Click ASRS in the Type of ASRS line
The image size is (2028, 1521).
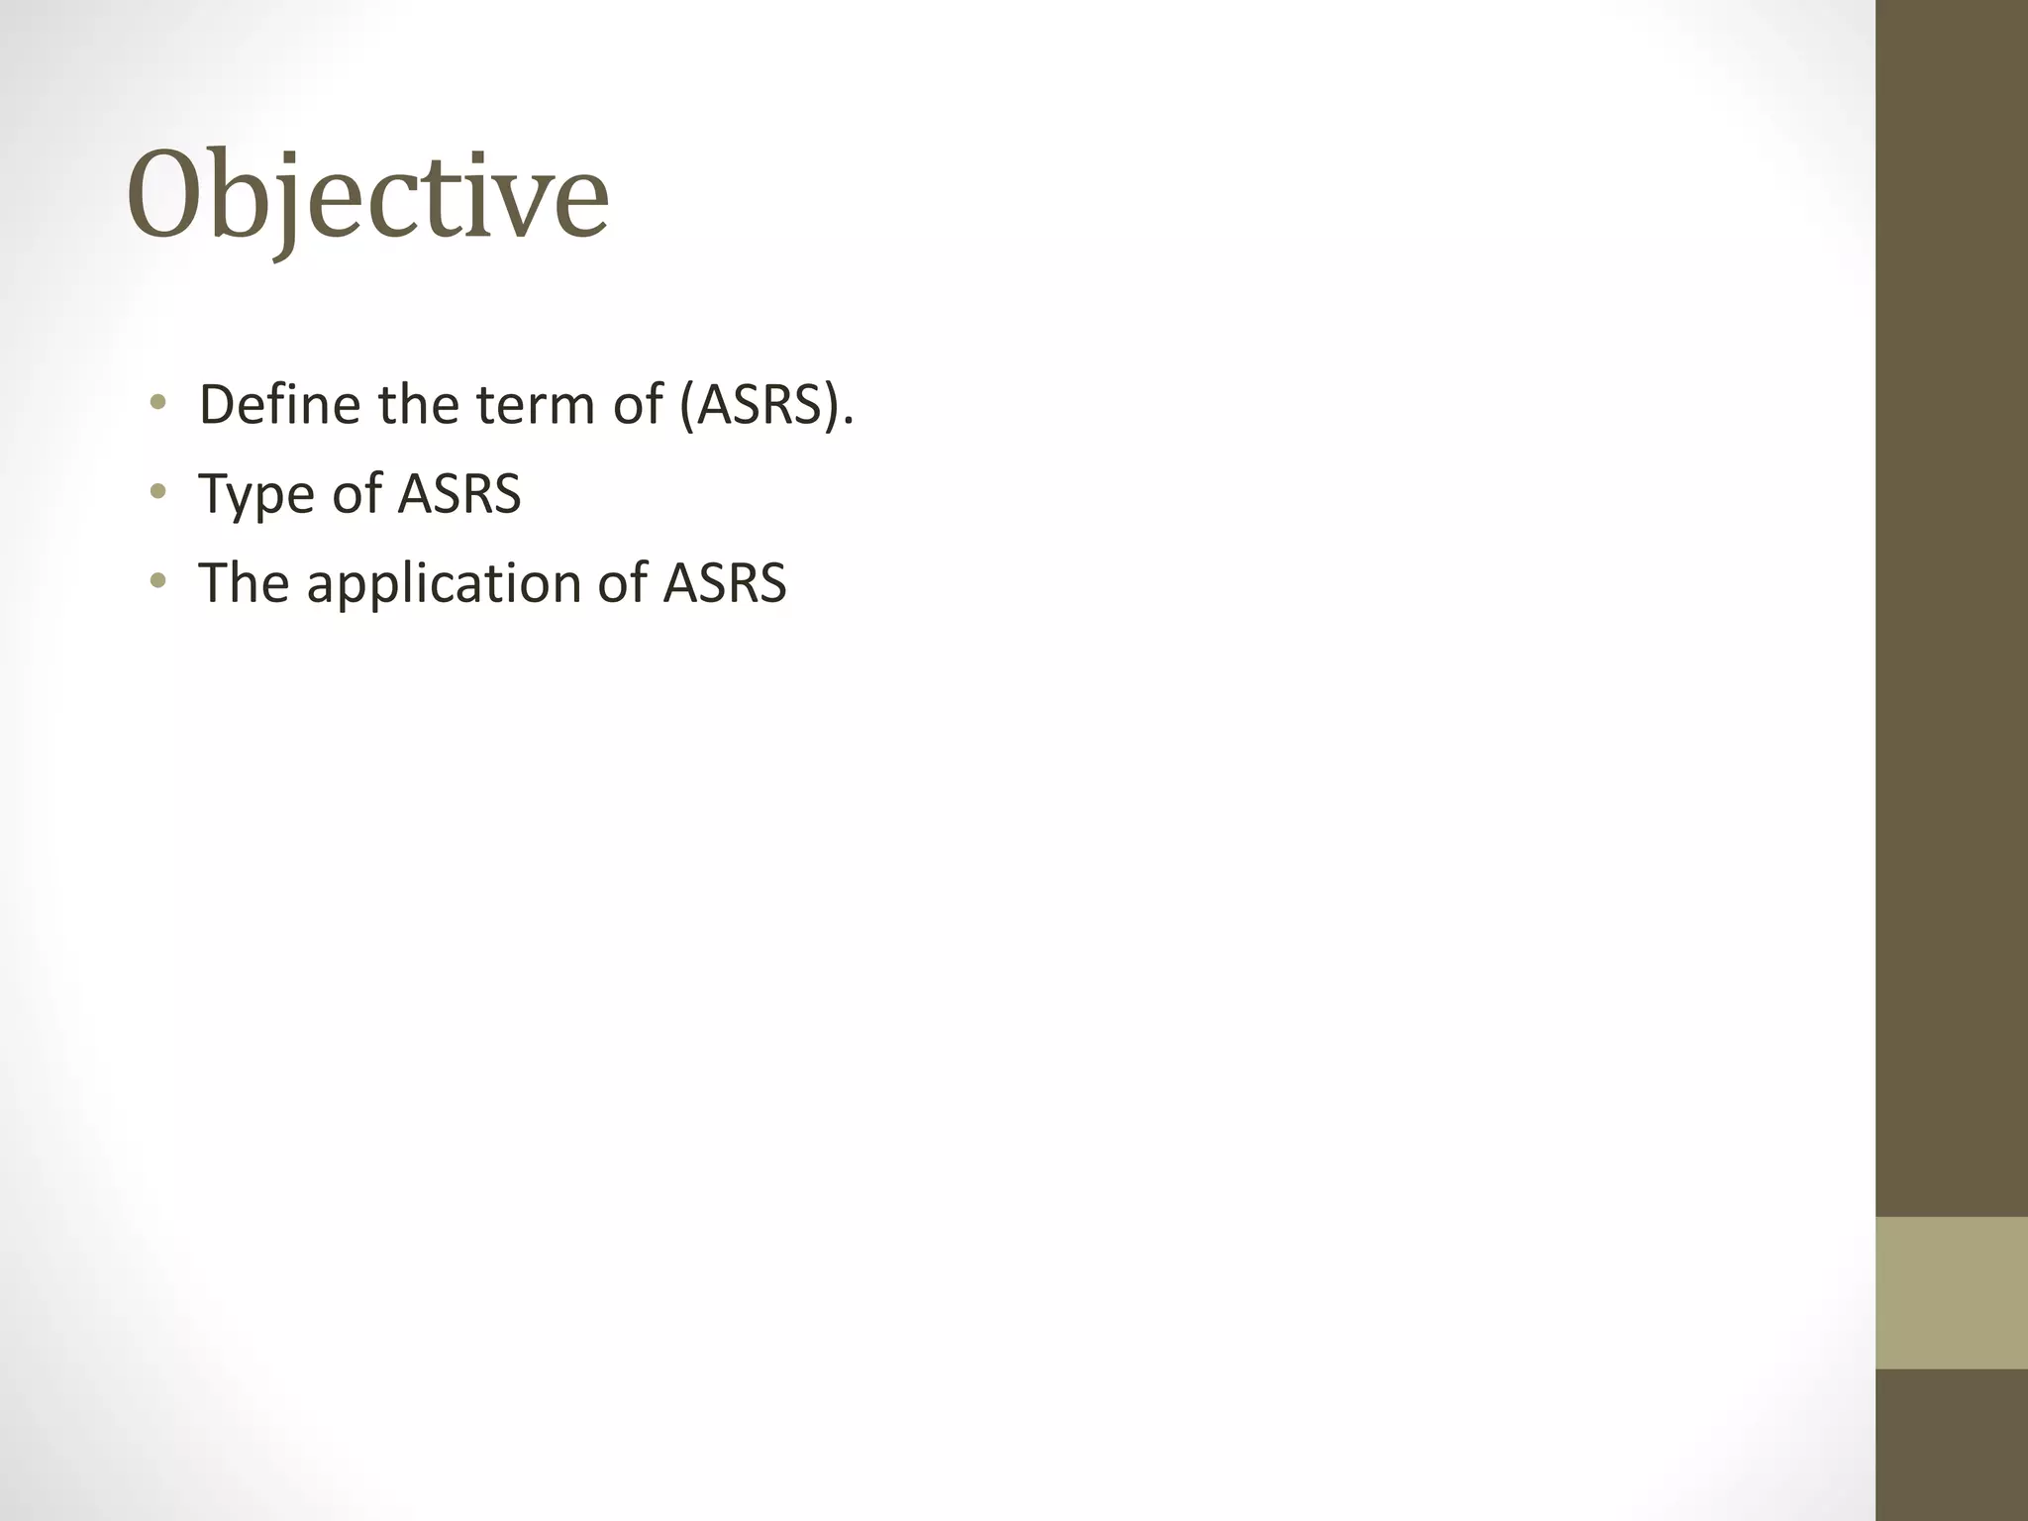tap(458, 493)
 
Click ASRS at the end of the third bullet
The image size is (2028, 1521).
tap(725, 582)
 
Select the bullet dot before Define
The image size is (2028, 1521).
tap(157, 403)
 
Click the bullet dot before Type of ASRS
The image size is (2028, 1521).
tap(157, 492)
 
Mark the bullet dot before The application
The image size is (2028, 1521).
tap(157, 581)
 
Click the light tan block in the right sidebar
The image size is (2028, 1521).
tap(1951, 1291)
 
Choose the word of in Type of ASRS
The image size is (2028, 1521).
tap(355, 493)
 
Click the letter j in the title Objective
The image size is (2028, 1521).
tap(288, 203)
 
